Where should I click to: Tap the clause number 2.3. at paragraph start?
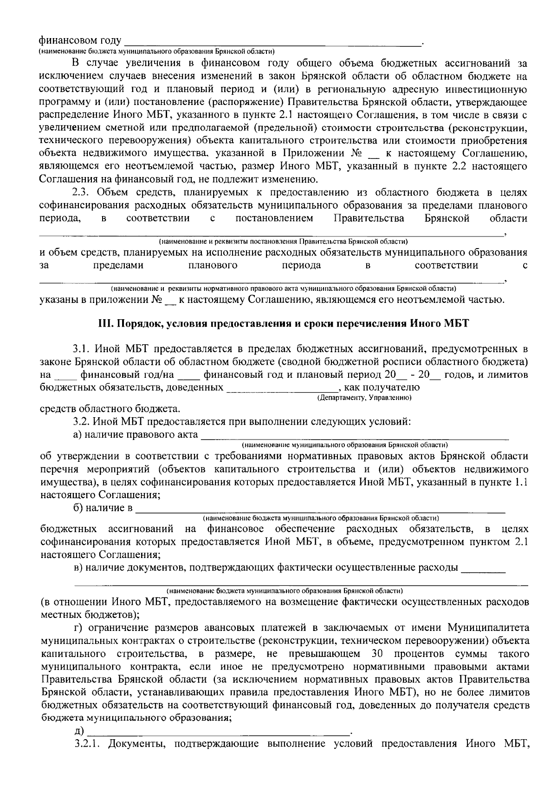click(x=82, y=193)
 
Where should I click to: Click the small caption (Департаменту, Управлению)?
click(x=364, y=398)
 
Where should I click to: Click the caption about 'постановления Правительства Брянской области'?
click(x=283, y=242)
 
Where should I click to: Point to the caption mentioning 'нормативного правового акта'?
click(x=283, y=288)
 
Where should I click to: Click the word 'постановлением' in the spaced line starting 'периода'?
click(x=274, y=218)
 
